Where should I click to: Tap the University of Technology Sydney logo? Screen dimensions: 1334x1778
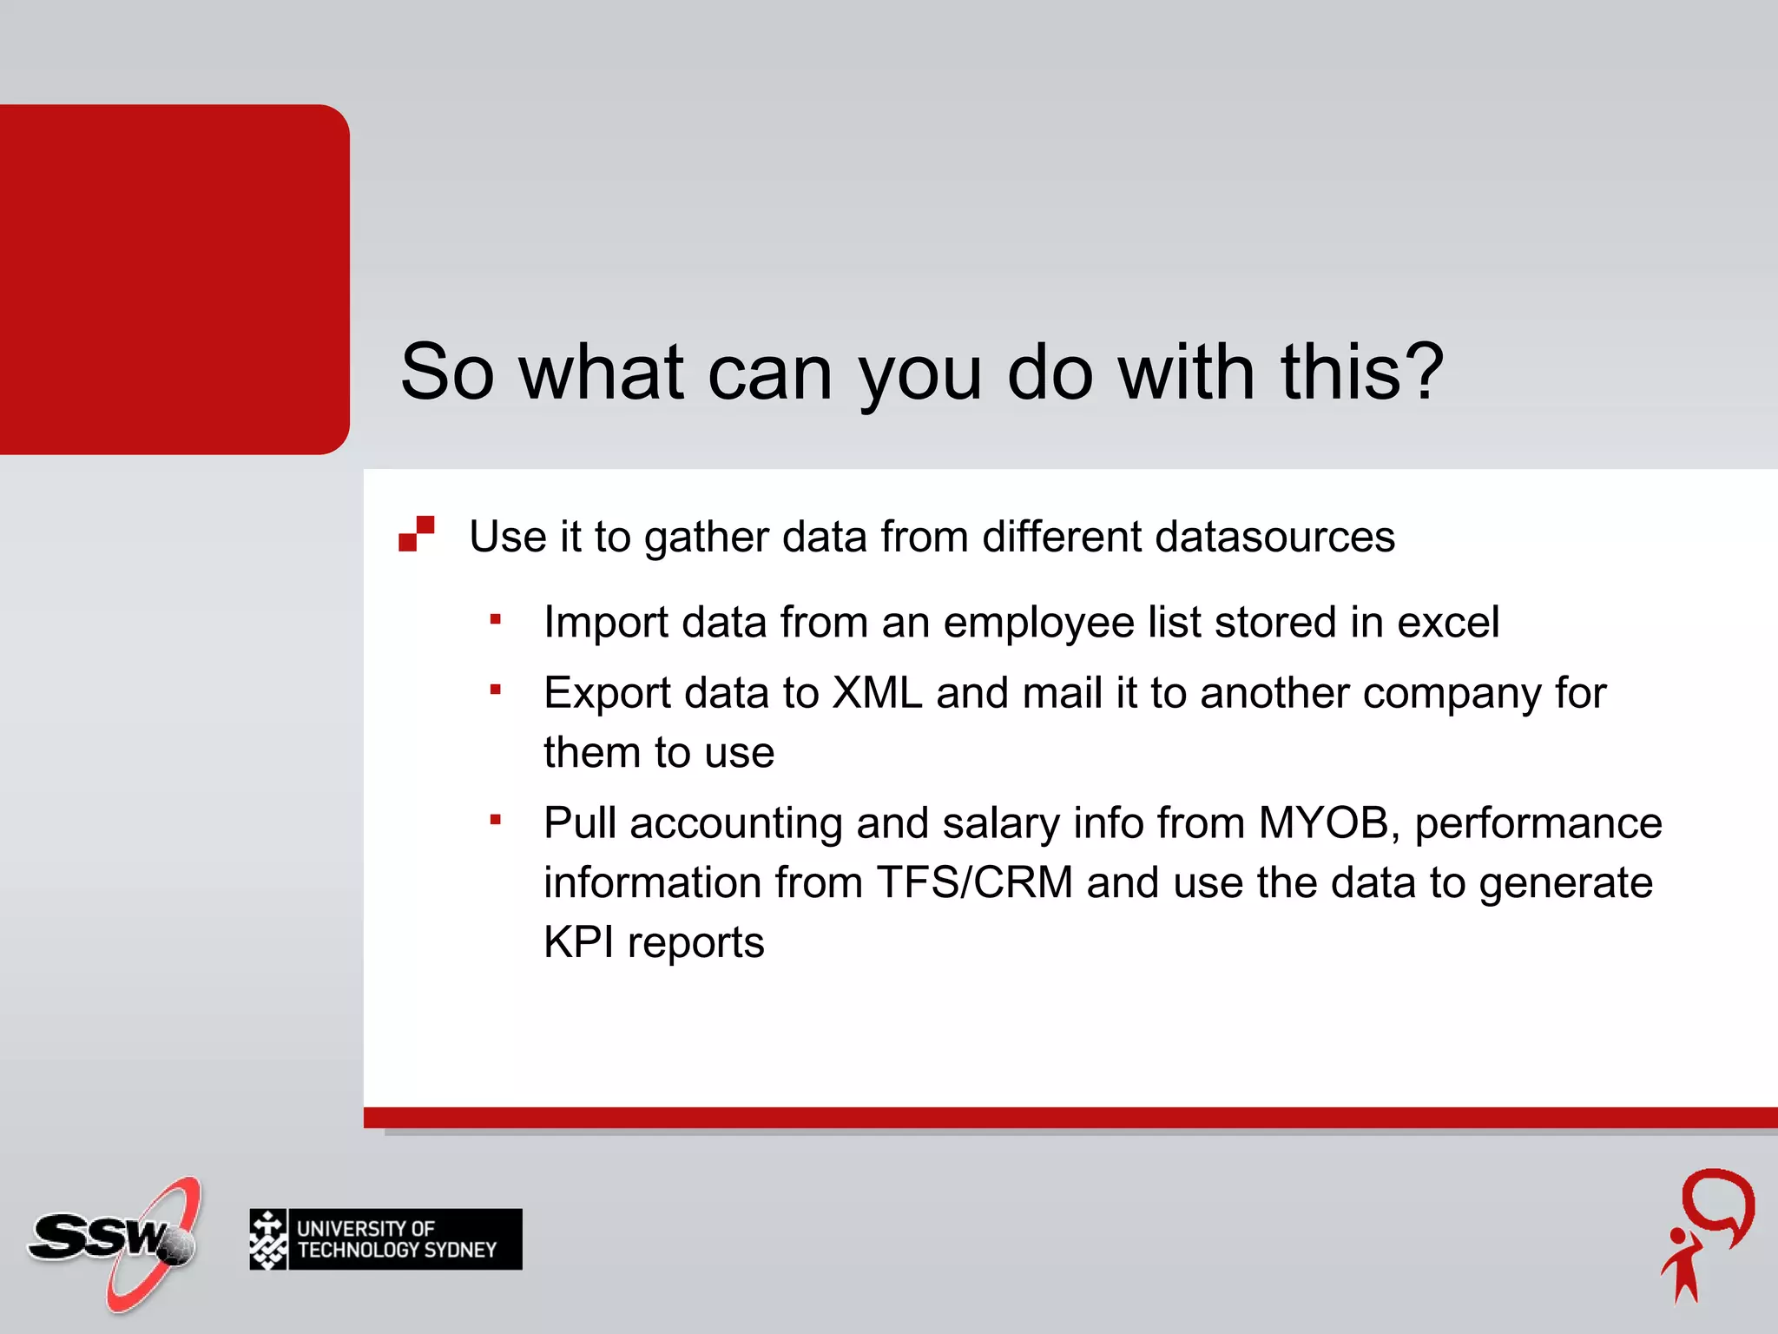pyautogui.click(x=385, y=1239)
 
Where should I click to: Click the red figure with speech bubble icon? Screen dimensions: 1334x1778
pyautogui.click(x=1707, y=1235)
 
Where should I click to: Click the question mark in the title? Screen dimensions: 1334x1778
pyautogui.click(x=1422, y=372)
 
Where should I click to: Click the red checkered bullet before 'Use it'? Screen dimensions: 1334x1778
pyautogui.click(x=417, y=533)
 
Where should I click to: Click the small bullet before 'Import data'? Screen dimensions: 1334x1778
pyautogui.click(x=496, y=619)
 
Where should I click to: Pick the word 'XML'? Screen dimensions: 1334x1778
pyautogui.click(x=877, y=693)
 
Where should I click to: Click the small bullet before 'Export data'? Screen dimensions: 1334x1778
pyautogui.click(x=496, y=690)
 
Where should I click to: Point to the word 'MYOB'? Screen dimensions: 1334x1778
pyautogui.click(x=1324, y=822)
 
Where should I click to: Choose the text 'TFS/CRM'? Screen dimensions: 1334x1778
pyautogui.click(x=974, y=882)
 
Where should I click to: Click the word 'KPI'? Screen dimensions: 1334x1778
pyautogui.click(x=578, y=942)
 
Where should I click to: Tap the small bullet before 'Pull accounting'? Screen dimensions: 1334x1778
pyautogui.click(x=496, y=819)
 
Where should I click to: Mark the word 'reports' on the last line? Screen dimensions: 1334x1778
pyautogui.click(x=695, y=944)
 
